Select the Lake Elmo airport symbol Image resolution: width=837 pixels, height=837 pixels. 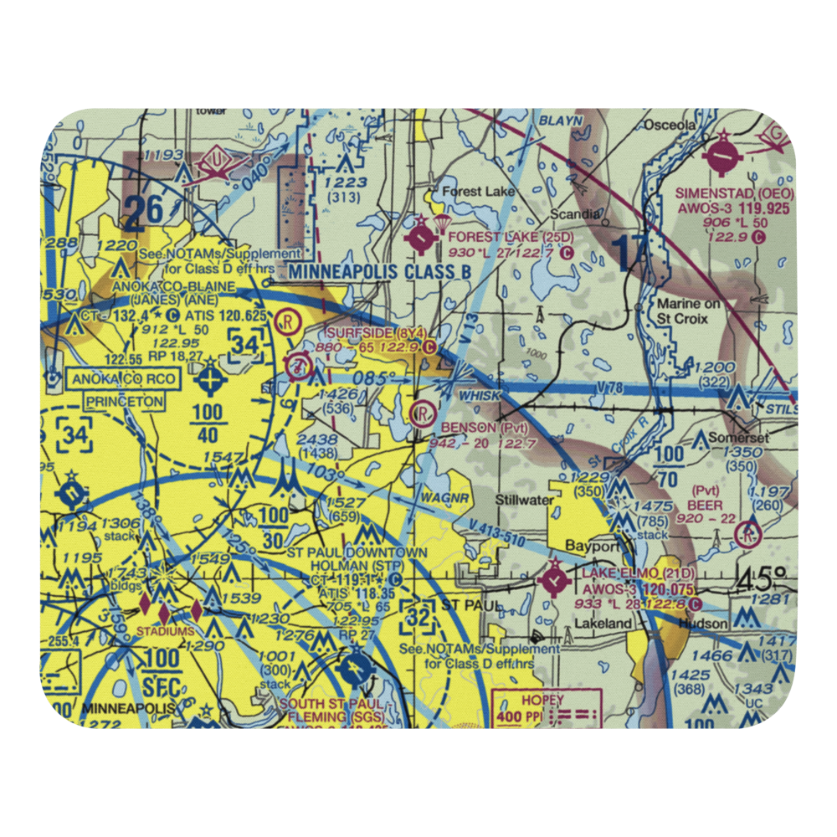pos(554,579)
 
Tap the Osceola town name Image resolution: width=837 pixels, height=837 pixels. pos(669,125)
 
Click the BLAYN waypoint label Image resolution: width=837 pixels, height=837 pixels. pos(560,121)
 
